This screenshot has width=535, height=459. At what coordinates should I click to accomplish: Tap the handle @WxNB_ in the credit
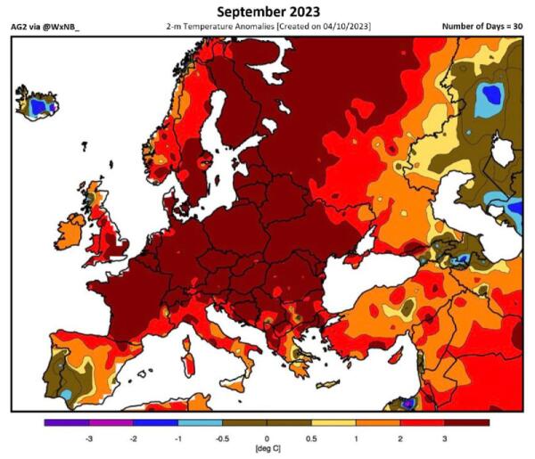(69, 27)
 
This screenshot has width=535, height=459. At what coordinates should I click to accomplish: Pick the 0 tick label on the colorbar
(267, 440)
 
